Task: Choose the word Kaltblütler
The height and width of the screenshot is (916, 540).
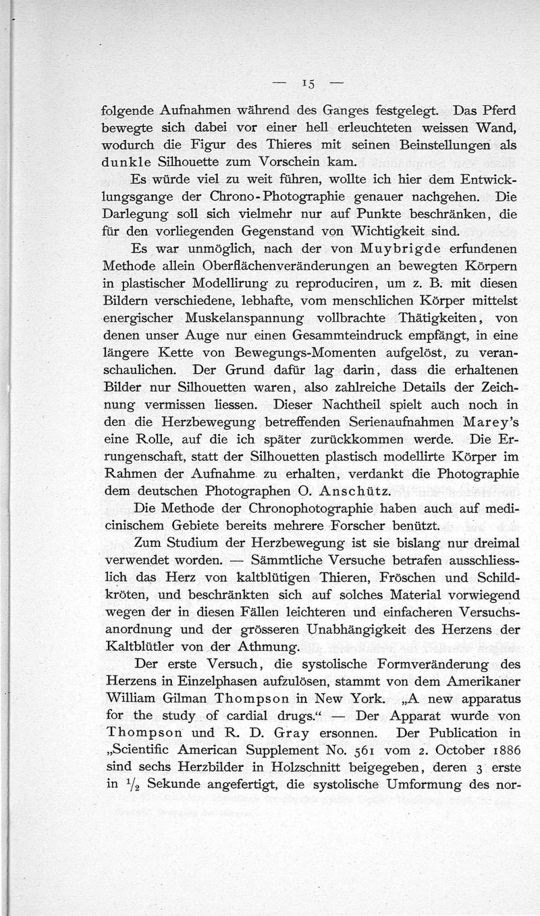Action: [136, 647]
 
